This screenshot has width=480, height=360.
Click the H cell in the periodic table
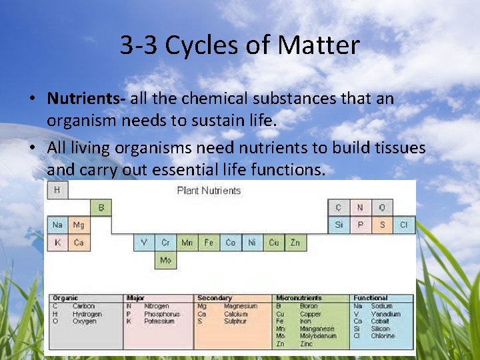point(57,190)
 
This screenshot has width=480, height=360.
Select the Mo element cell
point(165,260)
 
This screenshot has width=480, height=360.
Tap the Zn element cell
point(295,243)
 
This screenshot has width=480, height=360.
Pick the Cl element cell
point(403,225)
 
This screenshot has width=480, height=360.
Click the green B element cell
point(101,208)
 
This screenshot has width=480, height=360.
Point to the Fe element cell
point(209,243)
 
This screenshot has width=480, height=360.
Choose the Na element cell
point(57,225)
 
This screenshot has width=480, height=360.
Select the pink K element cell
point(57,243)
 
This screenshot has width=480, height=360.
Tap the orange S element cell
point(382,225)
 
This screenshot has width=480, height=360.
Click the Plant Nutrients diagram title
point(209,191)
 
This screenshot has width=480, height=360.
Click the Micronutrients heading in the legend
point(298,298)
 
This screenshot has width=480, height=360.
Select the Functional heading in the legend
point(371,298)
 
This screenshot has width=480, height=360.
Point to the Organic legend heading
point(65,298)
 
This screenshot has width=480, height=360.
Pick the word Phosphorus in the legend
point(162,314)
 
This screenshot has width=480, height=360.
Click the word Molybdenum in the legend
point(318,336)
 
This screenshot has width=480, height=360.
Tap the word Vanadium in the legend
point(386,314)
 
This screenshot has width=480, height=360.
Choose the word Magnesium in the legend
point(241,306)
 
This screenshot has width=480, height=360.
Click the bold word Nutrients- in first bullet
point(87,99)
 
